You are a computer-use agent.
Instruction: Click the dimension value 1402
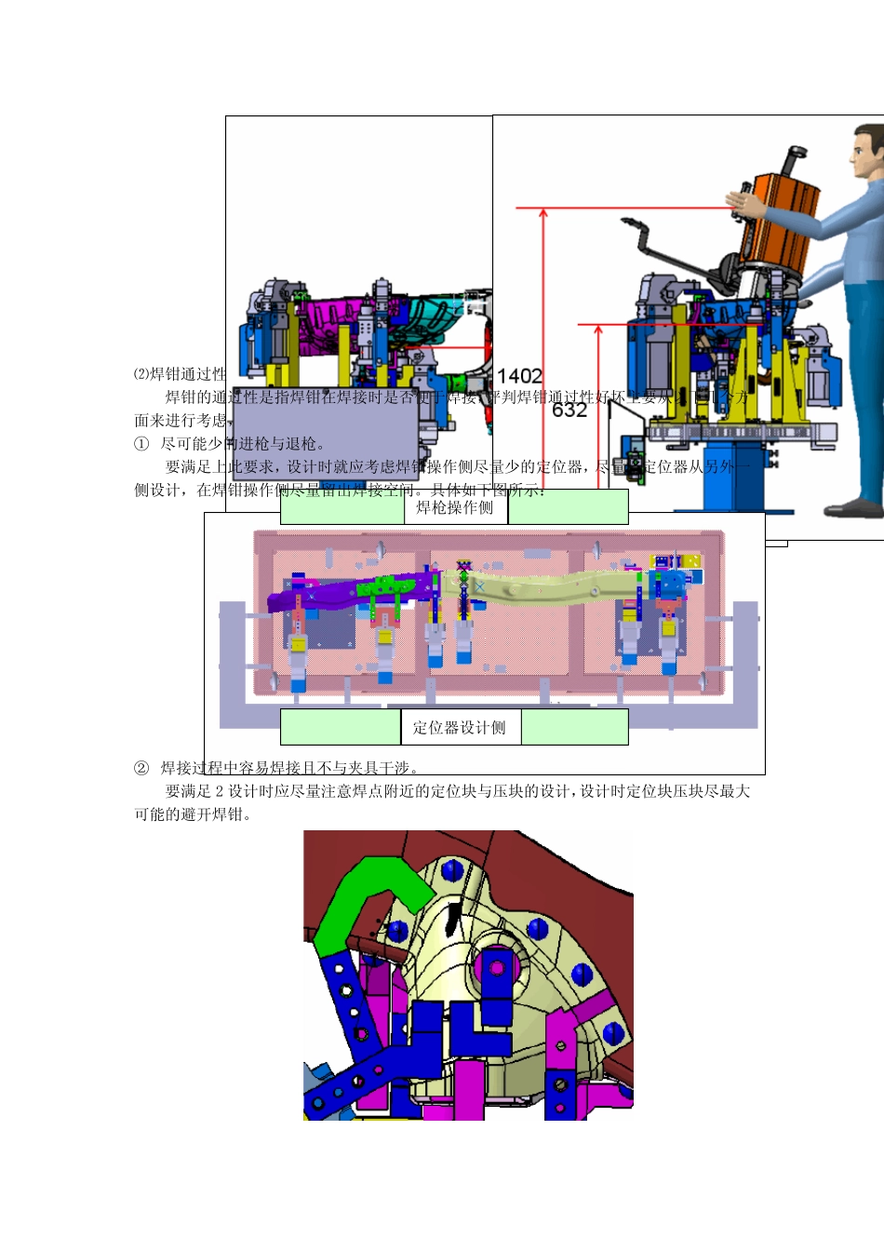[519, 376]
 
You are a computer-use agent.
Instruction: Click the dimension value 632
[569, 410]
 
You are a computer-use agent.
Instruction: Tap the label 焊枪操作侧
[455, 507]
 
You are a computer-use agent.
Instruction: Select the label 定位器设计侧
[460, 728]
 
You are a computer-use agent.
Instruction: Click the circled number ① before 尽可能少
[141, 444]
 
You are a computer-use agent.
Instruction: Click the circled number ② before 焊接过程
[141, 768]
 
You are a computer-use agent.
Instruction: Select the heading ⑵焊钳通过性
[180, 374]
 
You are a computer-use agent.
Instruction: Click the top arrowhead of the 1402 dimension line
[543, 213]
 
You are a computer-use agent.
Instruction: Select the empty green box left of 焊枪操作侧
[342, 507]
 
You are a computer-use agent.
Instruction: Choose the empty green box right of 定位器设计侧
[574, 728]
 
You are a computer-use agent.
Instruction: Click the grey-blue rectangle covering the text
[325, 434]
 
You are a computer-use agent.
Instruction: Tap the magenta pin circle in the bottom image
[496, 968]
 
